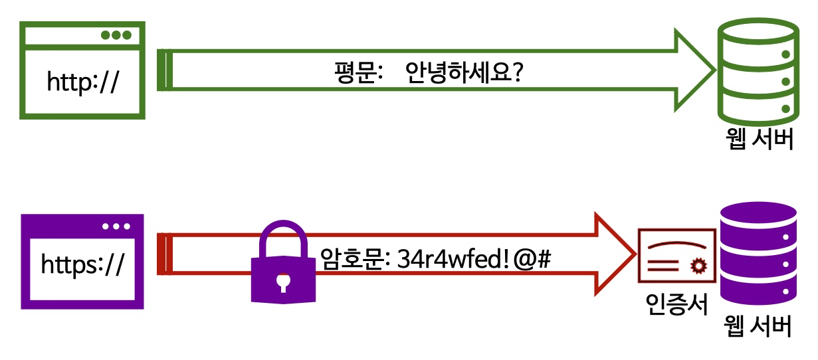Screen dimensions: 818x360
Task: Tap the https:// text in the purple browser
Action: point(82,264)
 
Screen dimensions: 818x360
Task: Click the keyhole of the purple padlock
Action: point(284,283)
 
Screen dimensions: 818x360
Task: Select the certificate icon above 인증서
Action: point(676,256)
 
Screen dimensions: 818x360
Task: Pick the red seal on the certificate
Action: point(697,266)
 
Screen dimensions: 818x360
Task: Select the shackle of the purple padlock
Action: point(284,236)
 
